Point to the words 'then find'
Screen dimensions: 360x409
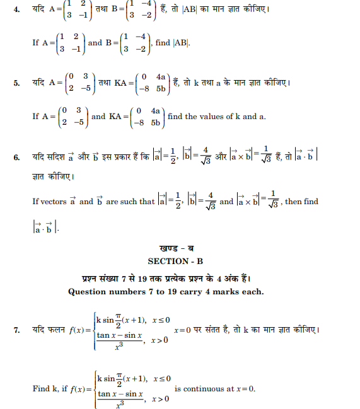point(302,202)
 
